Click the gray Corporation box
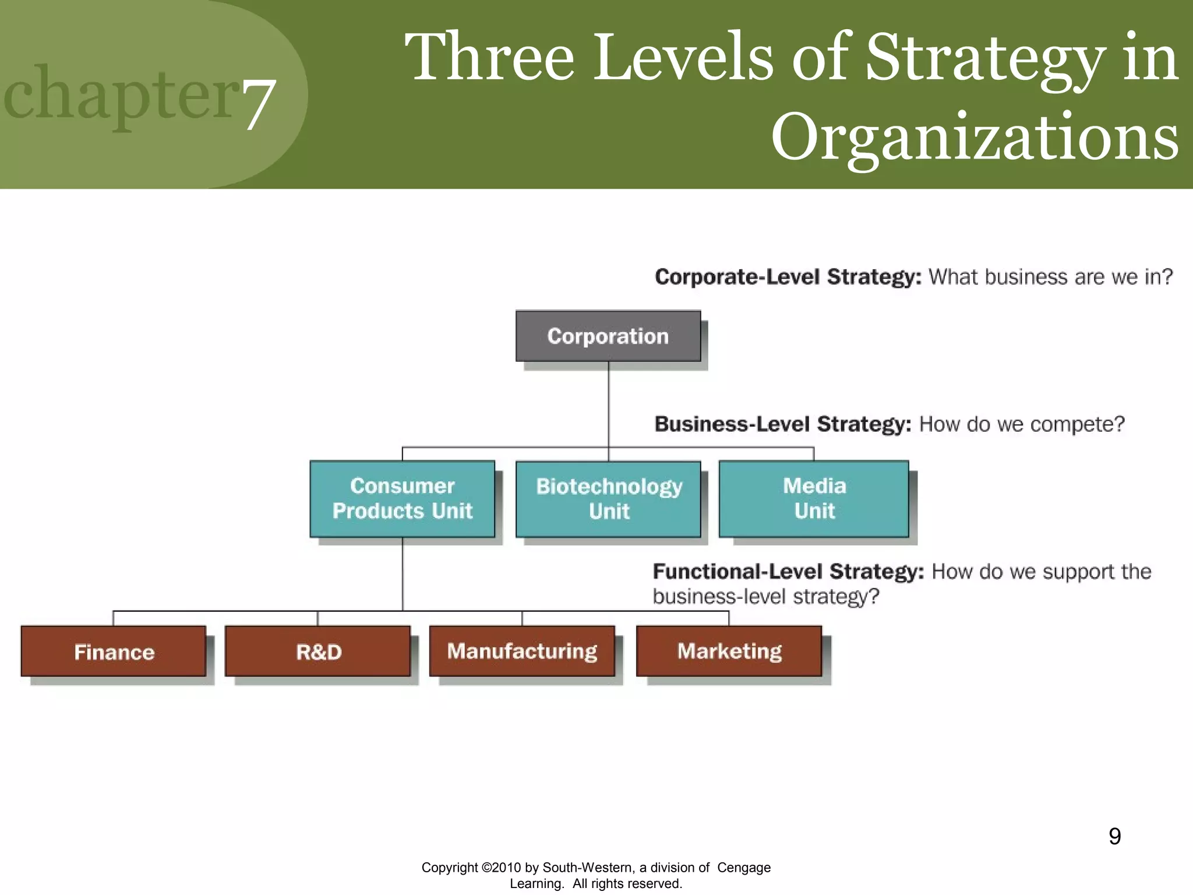pos(608,336)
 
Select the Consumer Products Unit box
pos(402,499)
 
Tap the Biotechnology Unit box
pos(608,499)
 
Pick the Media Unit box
pos(814,499)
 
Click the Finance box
pos(114,651)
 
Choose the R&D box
pos(318,651)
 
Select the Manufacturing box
pos(522,651)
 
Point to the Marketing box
pos(729,651)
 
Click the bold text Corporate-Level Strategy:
pos(788,277)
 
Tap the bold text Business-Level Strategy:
pos(782,424)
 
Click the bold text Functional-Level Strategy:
pos(788,572)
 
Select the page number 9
pos(1114,837)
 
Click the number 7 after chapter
pos(258,105)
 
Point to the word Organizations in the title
pos(975,138)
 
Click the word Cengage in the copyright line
pos(743,868)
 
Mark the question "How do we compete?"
pos(1021,424)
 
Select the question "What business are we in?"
pos(1050,277)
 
